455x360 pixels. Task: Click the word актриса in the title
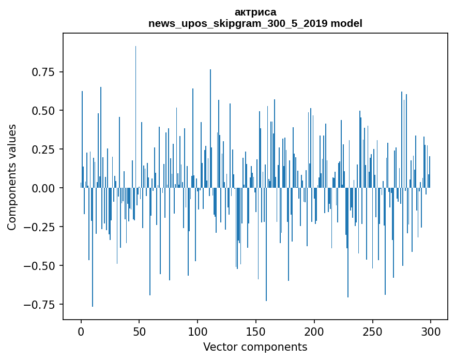point(255,12)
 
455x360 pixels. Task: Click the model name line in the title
point(255,23)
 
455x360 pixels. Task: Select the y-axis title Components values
point(12,177)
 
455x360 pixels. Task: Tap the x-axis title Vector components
point(255,347)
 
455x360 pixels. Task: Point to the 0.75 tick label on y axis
point(43,72)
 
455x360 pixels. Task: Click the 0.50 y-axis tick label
point(43,111)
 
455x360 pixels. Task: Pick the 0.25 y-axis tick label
point(43,149)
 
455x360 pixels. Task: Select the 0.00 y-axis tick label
point(43,188)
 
